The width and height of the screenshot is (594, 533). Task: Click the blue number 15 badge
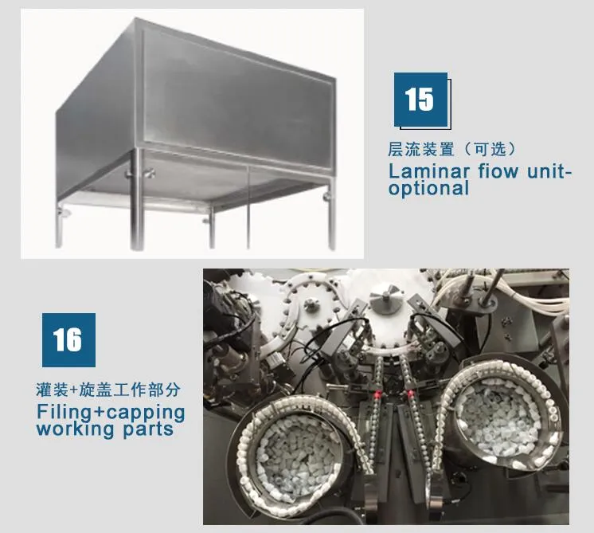[x=420, y=100]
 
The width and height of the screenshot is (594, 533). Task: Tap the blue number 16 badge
[x=68, y=340]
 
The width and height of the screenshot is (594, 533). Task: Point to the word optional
[x=429, y=188]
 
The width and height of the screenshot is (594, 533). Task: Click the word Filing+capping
[x=111, y=413]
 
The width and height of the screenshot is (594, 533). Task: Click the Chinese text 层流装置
[x=421, y=149]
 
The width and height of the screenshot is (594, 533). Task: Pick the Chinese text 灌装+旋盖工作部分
[x=108, y=390]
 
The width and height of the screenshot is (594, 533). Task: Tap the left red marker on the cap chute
[x=377, y=396]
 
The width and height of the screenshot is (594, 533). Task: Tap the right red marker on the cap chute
[x=408, y=394]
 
